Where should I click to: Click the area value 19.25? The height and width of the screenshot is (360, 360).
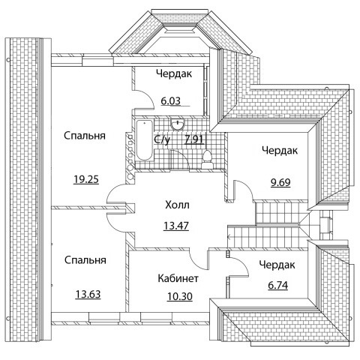(x=86, y=179)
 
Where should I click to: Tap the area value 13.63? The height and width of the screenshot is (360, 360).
(x=88, y=294)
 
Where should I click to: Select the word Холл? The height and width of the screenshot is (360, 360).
(x=177, y=205)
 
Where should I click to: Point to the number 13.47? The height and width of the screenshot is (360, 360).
(x=176, y=226)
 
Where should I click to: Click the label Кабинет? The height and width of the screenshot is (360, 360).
(x=178, y=278)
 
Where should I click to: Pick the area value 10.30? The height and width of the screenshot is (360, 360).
(x=180, y=297)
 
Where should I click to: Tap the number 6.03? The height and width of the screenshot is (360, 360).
(x=170, y=101)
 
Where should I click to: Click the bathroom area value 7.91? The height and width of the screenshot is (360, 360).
(x=194, y=139)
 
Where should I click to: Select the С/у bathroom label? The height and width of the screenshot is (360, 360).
(x=162, y=139)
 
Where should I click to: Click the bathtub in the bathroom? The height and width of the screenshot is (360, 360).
(x=144, y=141)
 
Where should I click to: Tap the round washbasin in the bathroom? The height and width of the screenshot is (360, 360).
(x=178, y=124)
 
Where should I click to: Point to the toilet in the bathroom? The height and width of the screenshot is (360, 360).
(x=207, y=159)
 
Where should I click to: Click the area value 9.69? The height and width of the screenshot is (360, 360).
(x=280, y=182)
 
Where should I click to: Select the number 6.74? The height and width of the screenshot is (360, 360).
(x=277, y=285)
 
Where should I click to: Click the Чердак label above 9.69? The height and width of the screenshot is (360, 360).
(x=280, y=151)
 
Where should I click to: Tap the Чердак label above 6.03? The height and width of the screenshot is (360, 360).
(x=174, y=73)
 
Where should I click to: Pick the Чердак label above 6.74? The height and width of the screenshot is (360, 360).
(x=277, y=265)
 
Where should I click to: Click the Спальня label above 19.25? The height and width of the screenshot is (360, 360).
(x=85, y=136)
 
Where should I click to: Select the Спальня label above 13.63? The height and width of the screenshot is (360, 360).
(x=85, y=260)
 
